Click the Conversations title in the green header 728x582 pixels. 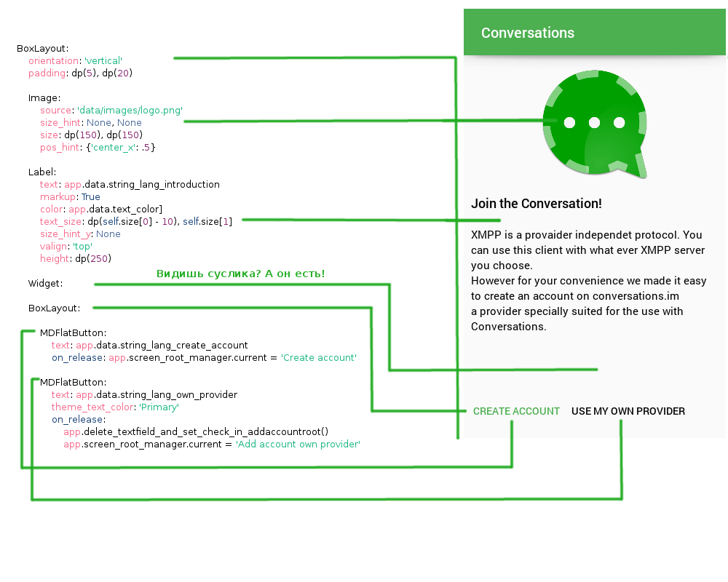coord(527,33)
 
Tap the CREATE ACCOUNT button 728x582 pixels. coord(516,411)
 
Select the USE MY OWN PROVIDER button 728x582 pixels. coord(628,411)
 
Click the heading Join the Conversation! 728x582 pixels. coord(536,204)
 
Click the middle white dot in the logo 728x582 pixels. coord(594,122)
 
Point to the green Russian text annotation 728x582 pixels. coord(240,274)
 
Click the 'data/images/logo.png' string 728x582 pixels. coord(130,110)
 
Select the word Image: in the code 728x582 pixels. coord(44,97)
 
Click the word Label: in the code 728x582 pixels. coord(42,172)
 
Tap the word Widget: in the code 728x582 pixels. coord(45,283)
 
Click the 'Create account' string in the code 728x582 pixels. coord(319,358)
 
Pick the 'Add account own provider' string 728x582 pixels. coord(298,444)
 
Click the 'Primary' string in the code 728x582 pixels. coord(159,407)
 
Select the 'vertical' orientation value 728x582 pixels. coord(102,60)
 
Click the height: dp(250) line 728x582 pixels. coord(75,258)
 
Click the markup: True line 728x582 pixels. coord(70,196)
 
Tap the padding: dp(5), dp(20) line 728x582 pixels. coord(80,73)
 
